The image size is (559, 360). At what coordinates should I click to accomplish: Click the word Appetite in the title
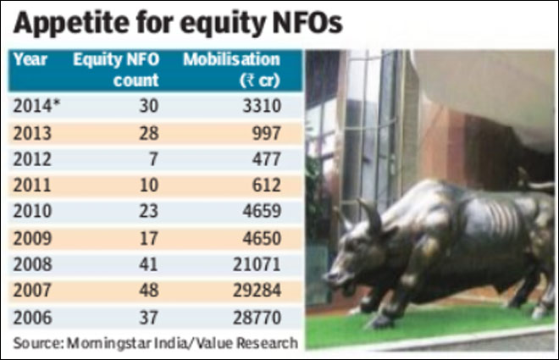[x=71, y=24]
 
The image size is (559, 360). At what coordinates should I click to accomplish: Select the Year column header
[x=30, y=59]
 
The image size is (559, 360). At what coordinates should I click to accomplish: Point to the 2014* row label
[x=36, y=106]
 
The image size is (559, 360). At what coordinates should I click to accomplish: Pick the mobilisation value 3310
[x=262, y=106]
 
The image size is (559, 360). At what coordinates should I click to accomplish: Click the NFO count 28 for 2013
[x=149, y=133]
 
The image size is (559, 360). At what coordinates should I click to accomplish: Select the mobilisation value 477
[x=267, y=159]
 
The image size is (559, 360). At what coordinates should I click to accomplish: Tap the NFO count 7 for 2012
[x=153, y=159]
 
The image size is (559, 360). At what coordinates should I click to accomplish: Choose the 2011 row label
[x=32, y=186]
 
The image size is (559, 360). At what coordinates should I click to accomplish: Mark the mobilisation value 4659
[x=262, y=211]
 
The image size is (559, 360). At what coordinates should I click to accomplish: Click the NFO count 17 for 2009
[x=149, y=238]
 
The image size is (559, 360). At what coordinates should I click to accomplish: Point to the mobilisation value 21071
[x=257, y=264]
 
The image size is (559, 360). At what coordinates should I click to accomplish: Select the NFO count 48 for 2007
[x=149, y=291]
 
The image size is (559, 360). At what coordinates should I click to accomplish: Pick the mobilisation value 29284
[x=257, y=291]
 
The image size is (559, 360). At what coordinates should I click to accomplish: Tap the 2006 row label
[x=32, y=318]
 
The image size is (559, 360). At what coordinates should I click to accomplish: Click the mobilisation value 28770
[x=257, y=318]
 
